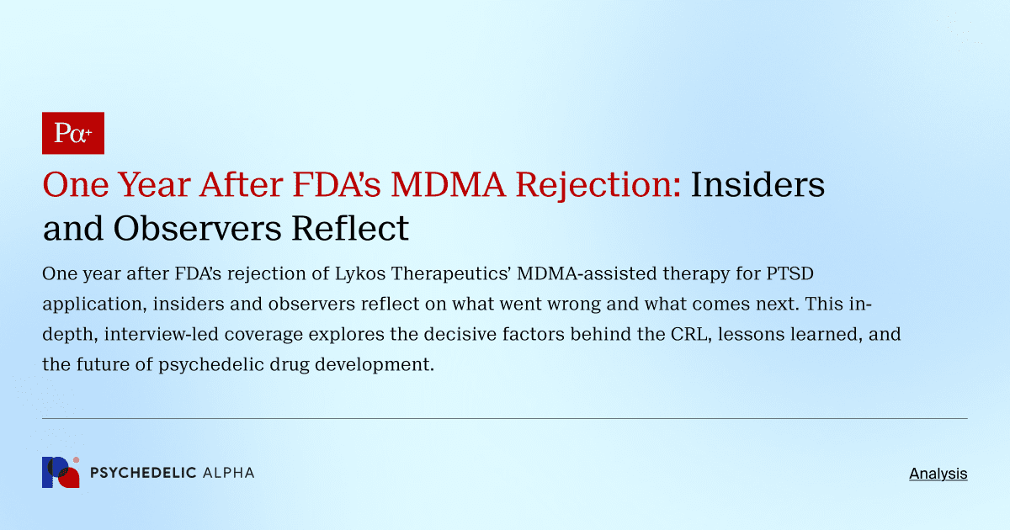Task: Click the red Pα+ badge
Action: (73, 133)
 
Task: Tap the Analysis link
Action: (938, 474)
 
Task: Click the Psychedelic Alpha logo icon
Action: (61, 472)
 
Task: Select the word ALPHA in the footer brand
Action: (228, 473)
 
